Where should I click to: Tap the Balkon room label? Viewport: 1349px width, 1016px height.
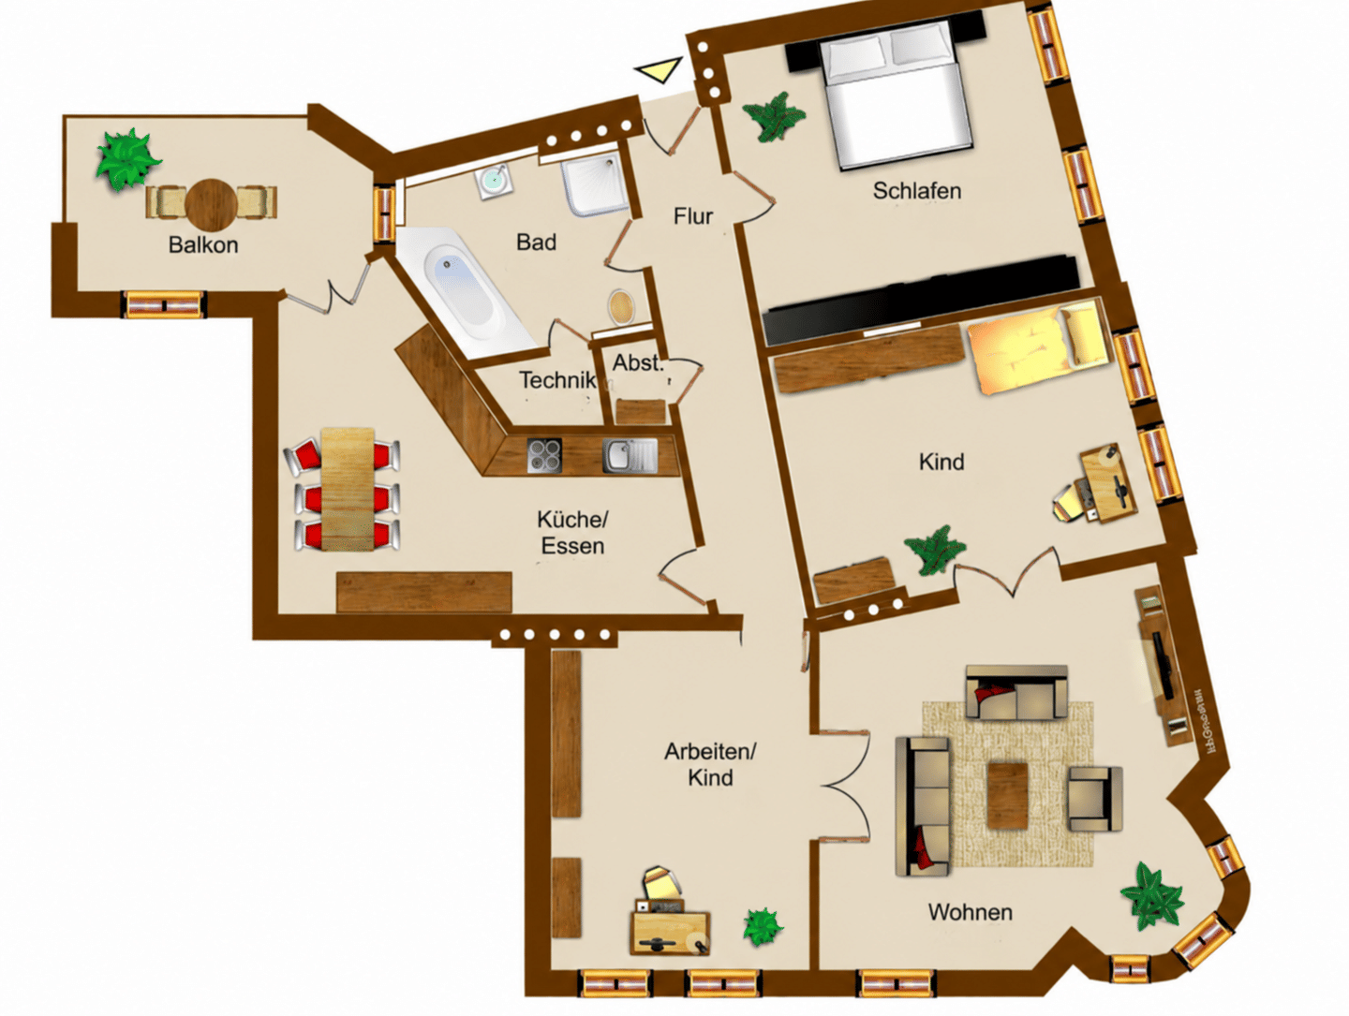[x=202, y=245]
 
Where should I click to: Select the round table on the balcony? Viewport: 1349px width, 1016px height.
[x=212, y=202]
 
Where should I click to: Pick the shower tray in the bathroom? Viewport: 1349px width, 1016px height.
[x=594, y=184]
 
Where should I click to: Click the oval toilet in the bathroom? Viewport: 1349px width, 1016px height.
[x=621, y=306]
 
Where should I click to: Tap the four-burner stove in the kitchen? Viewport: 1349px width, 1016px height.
[x=544, y=455]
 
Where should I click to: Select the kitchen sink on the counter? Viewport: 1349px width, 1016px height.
[x=630, y=455]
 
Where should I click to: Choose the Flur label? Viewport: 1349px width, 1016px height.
[x=692, y=216]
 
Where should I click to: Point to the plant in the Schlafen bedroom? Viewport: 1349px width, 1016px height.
[x=773, y=117]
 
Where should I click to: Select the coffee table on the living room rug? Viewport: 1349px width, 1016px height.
[x=1007, y=795]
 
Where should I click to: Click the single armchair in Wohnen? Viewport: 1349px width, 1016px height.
[x=1094, y=799]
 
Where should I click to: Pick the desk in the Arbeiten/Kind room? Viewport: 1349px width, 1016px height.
[x=670, y=931]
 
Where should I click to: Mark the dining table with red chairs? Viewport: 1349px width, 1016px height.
[x=348, y=489]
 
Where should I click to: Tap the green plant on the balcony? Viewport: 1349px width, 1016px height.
[x=127, y=160]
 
